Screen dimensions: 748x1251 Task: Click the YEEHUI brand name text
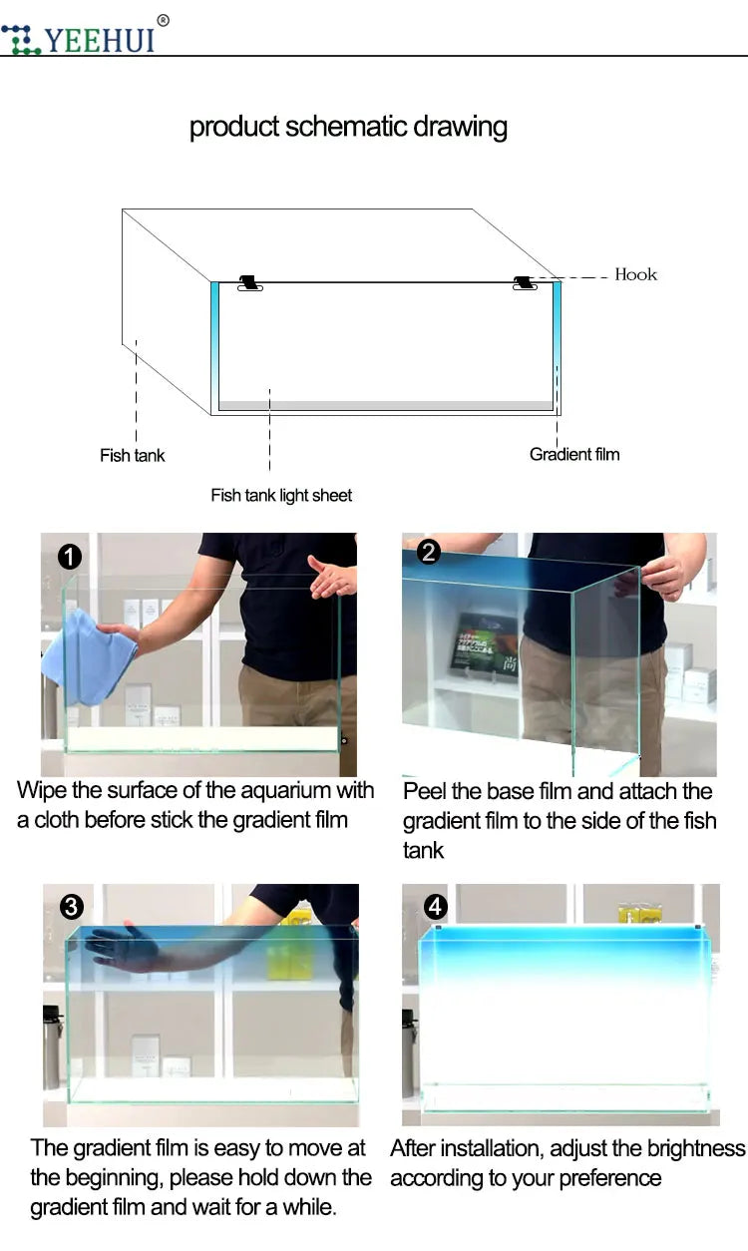tap(100, 40)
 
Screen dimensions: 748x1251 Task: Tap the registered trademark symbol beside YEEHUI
tap(163, 21)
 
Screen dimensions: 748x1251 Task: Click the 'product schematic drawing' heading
tap(348, 127)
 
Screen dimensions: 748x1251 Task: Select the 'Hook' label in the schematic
tap(636, 274)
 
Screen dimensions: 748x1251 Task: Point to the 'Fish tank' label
tap(133, 455)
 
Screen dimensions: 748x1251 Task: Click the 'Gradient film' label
tap(574, 454)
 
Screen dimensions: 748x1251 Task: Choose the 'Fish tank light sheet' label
tap(281, 496)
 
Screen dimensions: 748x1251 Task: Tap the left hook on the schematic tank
tap(249, 282)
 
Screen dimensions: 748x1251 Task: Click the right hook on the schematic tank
tap(525, 282)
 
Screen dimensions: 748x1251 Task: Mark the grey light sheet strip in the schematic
tap(386, 405)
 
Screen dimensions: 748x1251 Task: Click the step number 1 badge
tap(70, 557)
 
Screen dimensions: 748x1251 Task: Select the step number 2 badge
tap(428, 553)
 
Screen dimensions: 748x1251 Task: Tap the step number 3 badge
tap(72, 907)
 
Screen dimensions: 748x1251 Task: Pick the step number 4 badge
tap(436, 907)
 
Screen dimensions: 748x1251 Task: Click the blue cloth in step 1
tap(90, 659)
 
